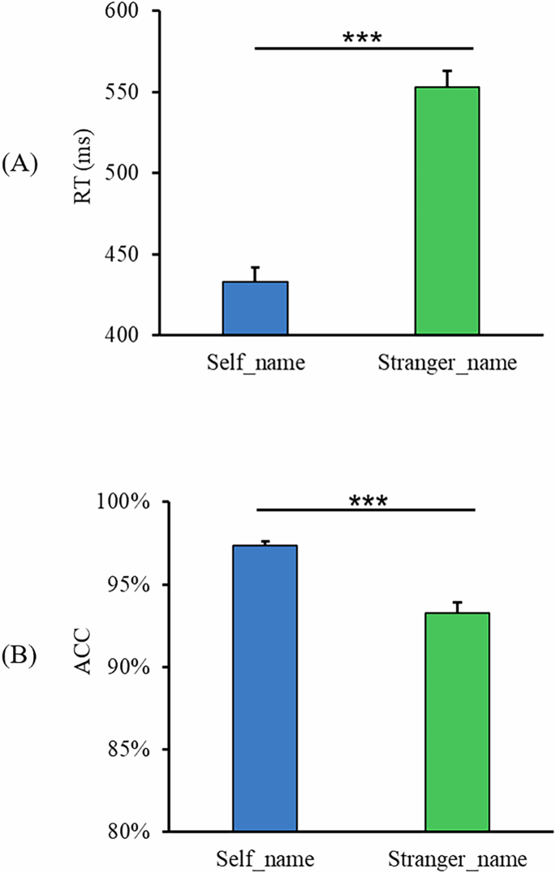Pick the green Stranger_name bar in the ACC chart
[457, 721]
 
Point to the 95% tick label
[127, 584]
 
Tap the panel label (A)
[19, 165]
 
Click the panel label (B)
[19, 655]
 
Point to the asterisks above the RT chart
[362, 37]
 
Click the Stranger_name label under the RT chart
[447, 362]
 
